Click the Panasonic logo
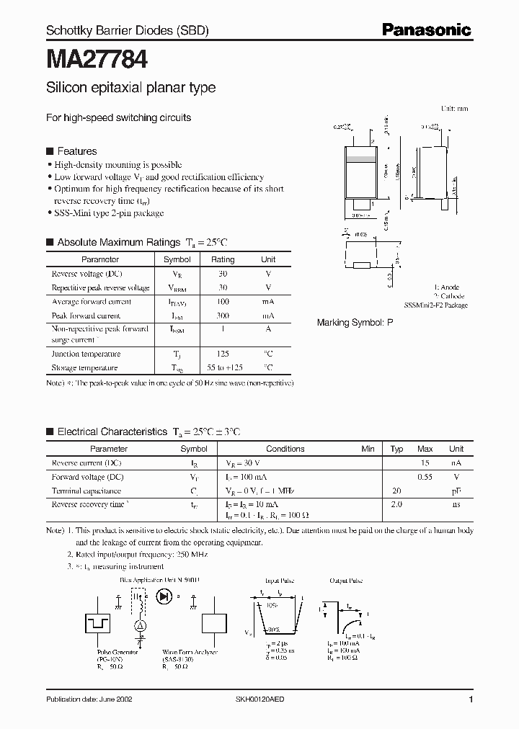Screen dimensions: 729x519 (426, 30)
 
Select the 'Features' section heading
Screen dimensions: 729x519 (76, 151)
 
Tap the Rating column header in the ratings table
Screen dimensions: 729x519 (223, 259)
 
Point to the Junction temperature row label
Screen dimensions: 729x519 (86, 354)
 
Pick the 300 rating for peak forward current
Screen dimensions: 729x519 (223, 316)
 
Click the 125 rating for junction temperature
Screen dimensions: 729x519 (223, 354)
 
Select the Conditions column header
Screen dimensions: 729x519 (285, 449)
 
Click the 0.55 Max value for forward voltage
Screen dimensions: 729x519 (425, 477)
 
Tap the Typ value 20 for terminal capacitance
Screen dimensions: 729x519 (396, 491)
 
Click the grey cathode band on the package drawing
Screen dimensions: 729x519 (363, 158)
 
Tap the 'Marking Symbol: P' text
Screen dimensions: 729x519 (355, 323)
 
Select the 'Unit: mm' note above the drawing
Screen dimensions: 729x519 (454, 108)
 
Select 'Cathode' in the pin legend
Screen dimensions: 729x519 (451, 296)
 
